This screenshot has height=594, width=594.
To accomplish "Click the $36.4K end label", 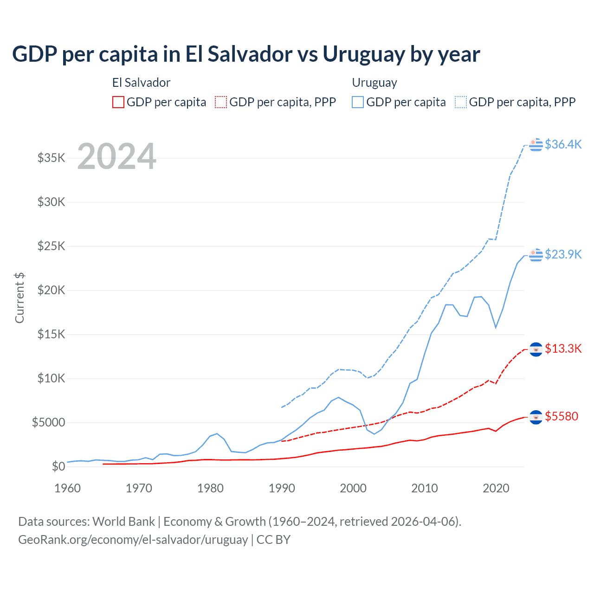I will (563, 144).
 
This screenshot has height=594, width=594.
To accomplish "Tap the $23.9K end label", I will (563, 254).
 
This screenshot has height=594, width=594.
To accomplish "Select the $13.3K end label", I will (563, 349).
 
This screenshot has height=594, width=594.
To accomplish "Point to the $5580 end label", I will (562, 416).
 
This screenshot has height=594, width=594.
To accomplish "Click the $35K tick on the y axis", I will (52, 158).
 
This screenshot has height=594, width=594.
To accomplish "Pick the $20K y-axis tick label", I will (52, 291).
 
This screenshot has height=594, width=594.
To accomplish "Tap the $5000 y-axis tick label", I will (49, 423).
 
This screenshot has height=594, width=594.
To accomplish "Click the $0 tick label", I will (58, 466).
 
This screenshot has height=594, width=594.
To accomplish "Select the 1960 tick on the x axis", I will (68, 488).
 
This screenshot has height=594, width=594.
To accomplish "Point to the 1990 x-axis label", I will (282, 488).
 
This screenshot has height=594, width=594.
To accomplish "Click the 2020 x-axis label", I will (496, 488).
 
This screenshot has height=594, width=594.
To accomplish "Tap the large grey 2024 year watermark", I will (116, 156).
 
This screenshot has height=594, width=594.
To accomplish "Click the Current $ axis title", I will (19, 298).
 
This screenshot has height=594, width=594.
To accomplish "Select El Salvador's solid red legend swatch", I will (118, 102).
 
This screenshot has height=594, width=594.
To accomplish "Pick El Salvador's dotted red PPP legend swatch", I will (221, 102).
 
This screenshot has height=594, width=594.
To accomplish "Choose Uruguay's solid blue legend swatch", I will (358, 102).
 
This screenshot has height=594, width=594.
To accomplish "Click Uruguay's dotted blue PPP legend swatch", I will (461, 102).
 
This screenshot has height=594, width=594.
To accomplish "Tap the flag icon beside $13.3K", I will (536, 349).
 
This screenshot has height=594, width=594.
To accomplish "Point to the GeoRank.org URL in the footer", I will (133, 540).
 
